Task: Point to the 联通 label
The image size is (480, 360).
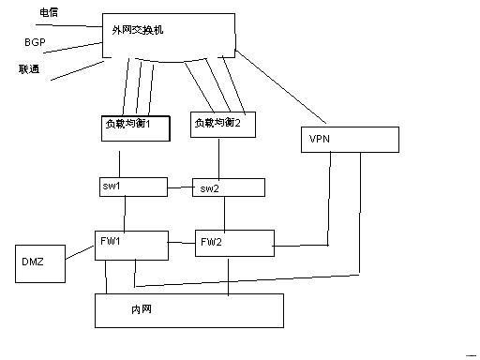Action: tap(29, 69)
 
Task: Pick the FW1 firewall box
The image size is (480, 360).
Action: tap(130, 242)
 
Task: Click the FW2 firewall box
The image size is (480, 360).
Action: tap(232, 242)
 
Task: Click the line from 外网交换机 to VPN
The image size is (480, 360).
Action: tap(281, 88)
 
